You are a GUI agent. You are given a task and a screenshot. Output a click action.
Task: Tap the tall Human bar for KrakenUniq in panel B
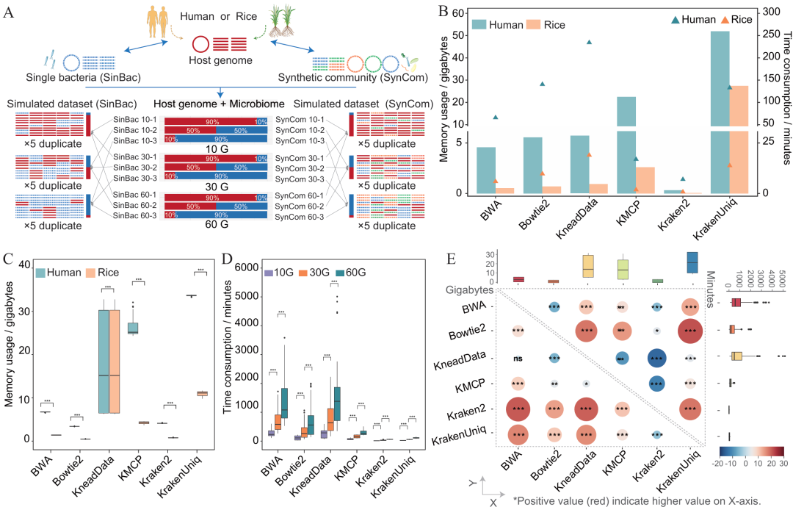[720, 110]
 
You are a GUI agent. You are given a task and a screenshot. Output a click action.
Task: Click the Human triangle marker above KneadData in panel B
[590, 42]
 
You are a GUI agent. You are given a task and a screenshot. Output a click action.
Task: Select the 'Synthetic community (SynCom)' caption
[347, 77]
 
